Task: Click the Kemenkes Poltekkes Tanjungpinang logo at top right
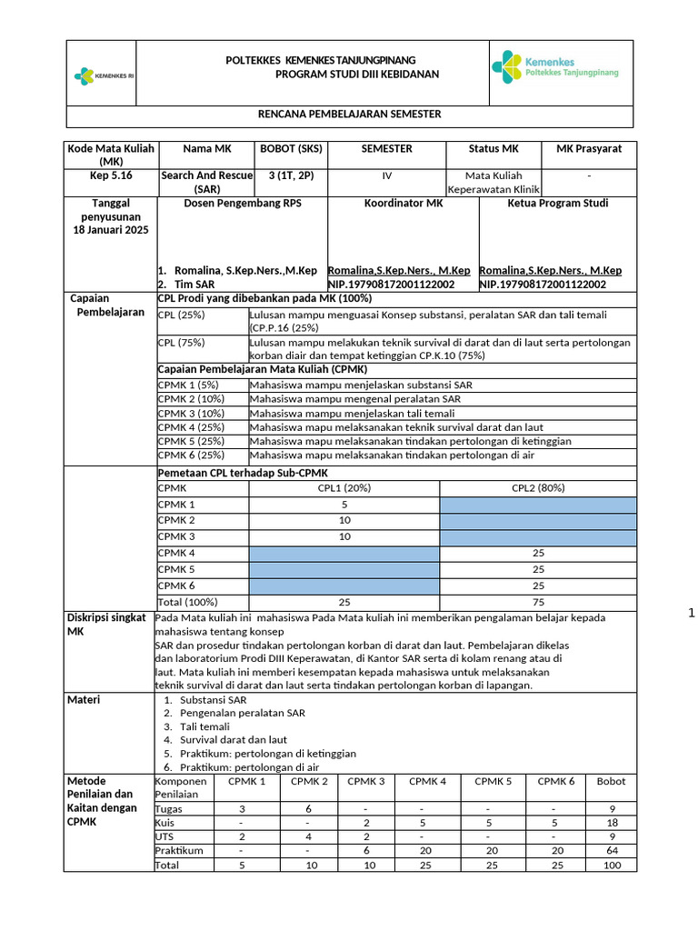tap(555, 66)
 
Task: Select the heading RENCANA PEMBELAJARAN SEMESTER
tap(351, 115)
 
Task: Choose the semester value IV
tap(386, 175)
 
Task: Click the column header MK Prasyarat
tap(589, 148)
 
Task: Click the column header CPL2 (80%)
tap(538, 488)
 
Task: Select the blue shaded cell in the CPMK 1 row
tap(538, 505)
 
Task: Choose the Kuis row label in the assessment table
tap(167, 822)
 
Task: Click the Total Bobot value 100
tap(611, 866)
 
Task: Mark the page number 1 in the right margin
tap(691, 614)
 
